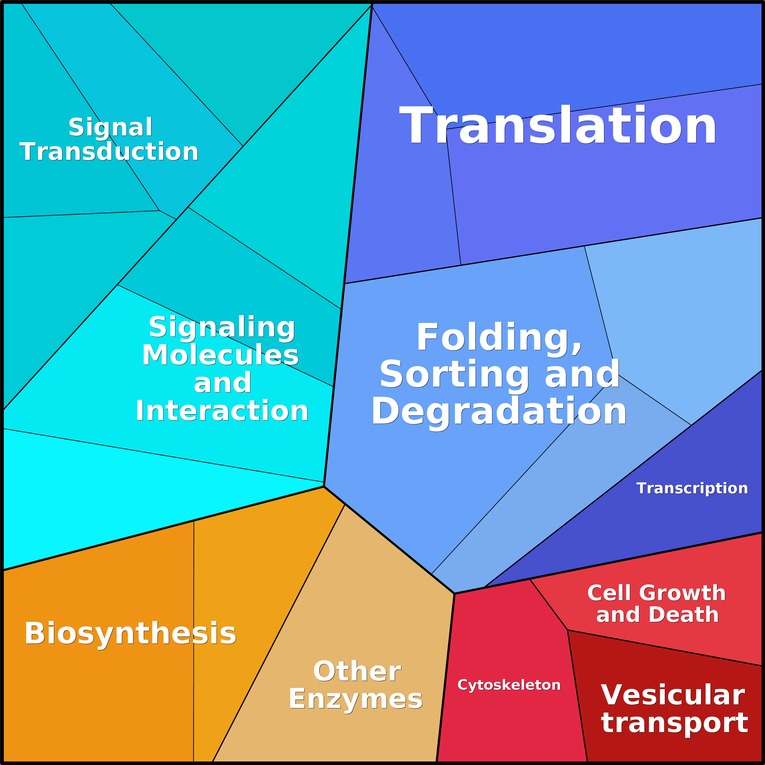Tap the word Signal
tap(111, 128)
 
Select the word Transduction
tap(109, 152)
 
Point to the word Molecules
tap(220, 355)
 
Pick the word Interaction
tap(222, 411)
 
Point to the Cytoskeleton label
tap(509, 685)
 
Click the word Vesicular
tap(673, 695)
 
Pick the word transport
tap(674, 723)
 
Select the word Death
tap(683, 615)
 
